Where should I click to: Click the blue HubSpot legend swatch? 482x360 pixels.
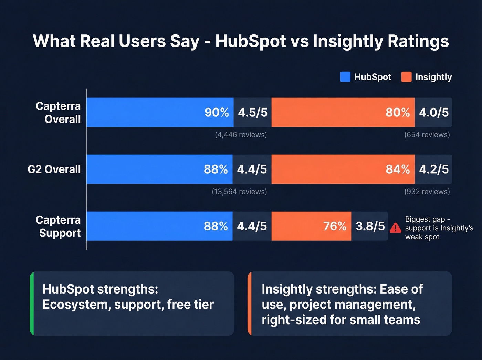pos(345,77)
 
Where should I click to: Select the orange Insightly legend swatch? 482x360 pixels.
pos(406,77)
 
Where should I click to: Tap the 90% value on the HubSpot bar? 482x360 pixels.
pos(217,112)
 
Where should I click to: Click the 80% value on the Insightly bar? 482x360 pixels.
pos(398,112)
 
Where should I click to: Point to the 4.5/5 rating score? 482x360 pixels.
pos(253,112)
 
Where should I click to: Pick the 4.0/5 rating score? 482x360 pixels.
pos(434,112)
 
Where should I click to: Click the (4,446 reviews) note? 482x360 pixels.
pos(241,135)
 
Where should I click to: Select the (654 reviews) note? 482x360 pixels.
pos(427,135)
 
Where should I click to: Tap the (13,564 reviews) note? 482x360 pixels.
pos(239,192)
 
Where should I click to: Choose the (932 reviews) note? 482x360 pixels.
pos(427,192)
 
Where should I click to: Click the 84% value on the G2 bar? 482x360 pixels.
pos(398,169)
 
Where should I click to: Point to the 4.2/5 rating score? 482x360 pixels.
pos(434,169)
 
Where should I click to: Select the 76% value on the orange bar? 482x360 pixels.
pos(335,226)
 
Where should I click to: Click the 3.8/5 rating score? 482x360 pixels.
pos(370,226)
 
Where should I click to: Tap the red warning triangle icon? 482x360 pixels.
pos(395,228)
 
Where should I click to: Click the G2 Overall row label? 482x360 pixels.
pos(54,169)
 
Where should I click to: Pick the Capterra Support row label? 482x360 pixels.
pos(58,226)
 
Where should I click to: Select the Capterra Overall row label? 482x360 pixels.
pos(58,113)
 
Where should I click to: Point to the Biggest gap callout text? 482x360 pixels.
pos(439,228)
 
